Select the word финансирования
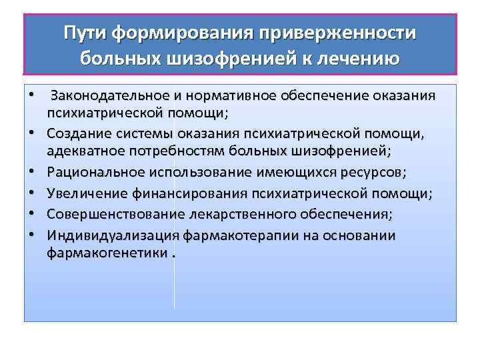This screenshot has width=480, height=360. click(181, 193)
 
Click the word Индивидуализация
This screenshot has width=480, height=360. click(111, 235)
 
